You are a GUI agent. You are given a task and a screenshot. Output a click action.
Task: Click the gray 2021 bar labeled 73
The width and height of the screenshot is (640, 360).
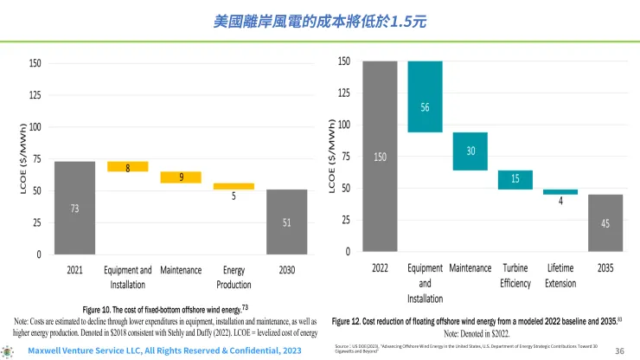(x=74, y=208)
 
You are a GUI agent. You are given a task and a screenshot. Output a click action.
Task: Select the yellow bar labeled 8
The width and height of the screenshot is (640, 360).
(x=128, y=166)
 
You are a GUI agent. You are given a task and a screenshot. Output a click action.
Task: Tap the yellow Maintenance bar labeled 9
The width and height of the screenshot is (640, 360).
(x=181, y=177)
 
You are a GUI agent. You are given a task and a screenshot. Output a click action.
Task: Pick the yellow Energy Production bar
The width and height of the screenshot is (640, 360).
(x=234, y=186)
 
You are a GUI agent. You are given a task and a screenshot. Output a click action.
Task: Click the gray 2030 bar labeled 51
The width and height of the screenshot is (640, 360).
(x=285, y=222)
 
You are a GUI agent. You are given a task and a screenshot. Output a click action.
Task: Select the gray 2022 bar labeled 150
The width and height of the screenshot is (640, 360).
(x=380, y=156)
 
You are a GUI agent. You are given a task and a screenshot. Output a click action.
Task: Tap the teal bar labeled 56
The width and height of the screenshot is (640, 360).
(x=425, y=96)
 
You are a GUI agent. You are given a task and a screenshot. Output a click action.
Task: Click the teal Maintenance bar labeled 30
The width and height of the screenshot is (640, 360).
(x=470, y=151)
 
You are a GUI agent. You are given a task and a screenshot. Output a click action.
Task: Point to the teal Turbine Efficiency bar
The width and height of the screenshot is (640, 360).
(x=515, y=179)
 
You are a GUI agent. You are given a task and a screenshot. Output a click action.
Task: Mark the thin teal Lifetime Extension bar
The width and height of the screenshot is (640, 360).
(x=560, y=192)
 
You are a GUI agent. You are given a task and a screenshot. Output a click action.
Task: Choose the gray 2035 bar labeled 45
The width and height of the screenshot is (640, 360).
(x=605, y=222)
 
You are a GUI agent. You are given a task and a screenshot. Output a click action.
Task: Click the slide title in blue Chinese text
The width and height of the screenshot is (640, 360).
(x=319, y=19)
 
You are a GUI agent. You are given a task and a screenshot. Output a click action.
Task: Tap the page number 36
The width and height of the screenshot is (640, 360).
(x=619, y=350)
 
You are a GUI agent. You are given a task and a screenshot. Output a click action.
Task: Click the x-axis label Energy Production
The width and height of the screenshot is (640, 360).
(x=234, y=277)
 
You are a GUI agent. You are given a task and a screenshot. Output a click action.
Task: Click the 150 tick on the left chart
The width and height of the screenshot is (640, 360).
(x=35, y=63)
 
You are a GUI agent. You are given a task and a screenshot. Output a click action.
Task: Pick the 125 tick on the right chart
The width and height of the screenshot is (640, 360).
(x=344, y=93)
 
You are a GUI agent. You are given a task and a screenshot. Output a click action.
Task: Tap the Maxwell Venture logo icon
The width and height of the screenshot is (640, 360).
(x=10, y=351)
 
